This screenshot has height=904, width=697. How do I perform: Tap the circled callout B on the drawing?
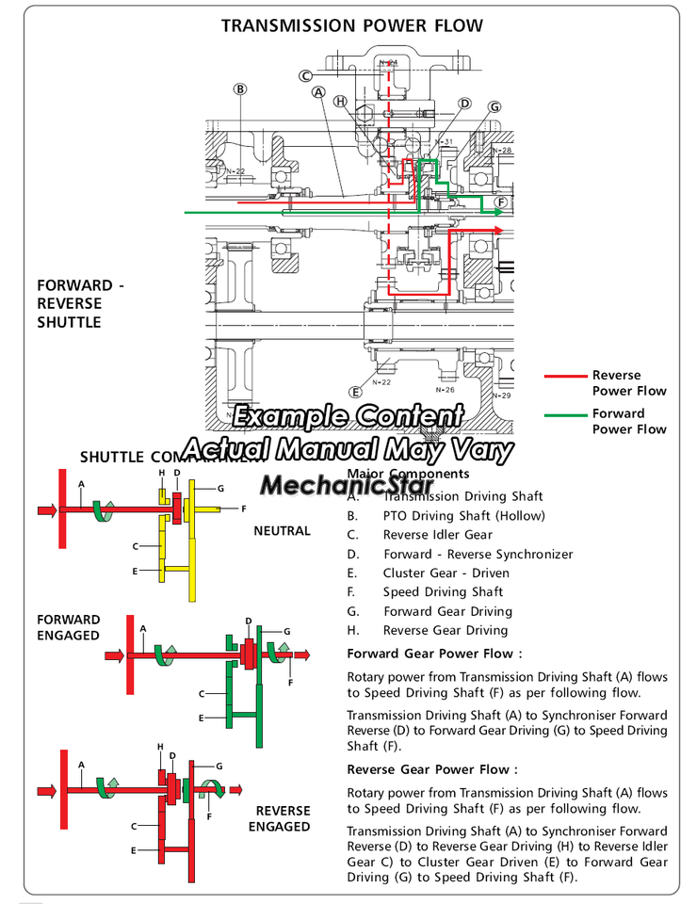point(241,89)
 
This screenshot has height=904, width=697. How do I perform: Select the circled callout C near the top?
point(306,76)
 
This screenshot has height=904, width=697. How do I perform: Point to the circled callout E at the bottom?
point(355,392)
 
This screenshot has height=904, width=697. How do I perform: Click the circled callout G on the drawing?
point(494,107)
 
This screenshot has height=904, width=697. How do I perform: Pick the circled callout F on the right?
point(501,202)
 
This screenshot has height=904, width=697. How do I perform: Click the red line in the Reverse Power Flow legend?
point(565,376)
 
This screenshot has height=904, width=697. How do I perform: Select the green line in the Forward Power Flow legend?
point(565,414)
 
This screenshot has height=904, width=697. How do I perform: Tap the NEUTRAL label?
point(282,531)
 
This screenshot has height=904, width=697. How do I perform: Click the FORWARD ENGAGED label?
point(69,627)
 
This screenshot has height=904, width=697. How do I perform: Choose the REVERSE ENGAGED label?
point(280,818)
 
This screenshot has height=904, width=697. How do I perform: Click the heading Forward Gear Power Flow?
point(434,654)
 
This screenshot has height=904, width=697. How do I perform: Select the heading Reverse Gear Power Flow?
point(432,769)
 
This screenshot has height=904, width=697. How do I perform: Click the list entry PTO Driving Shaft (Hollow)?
point(463,516)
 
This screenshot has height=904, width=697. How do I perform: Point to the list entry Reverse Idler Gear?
point(437,535)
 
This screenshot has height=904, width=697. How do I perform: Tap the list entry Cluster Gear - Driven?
point(446,573)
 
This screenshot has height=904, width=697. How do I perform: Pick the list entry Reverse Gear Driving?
point(445,630)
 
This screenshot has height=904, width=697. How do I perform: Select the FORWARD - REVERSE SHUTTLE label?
point(80,303)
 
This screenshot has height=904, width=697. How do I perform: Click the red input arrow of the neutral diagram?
point(46,510)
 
